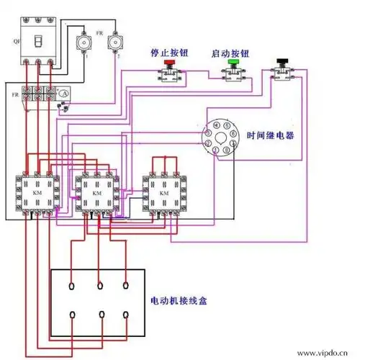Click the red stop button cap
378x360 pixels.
[170, 63]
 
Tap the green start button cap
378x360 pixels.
[233, 63]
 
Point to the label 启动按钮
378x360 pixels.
[231, 53]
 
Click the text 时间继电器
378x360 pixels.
[271, 135]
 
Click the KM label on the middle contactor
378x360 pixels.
[96, 193]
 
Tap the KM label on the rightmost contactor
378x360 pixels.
[163, 193]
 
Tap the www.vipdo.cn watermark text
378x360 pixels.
[337, 354]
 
